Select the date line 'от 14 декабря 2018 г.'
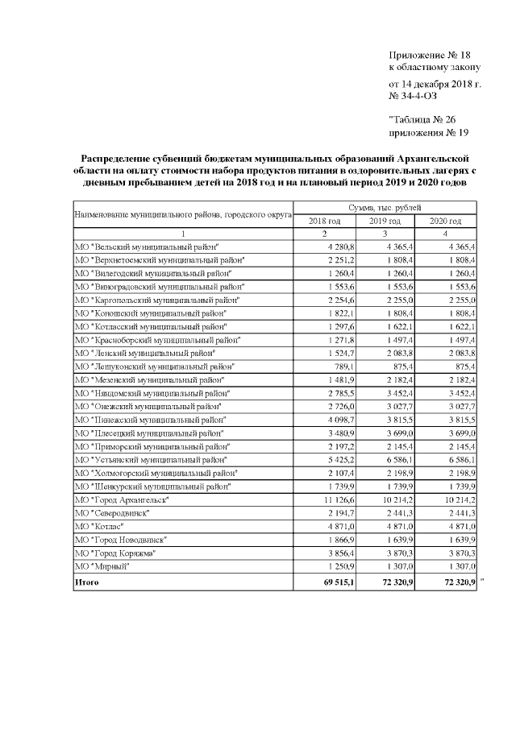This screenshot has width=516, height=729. pyautogui.click(x=435, y=84)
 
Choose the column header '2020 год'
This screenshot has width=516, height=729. pyautogui.click(x=444, y=220)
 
